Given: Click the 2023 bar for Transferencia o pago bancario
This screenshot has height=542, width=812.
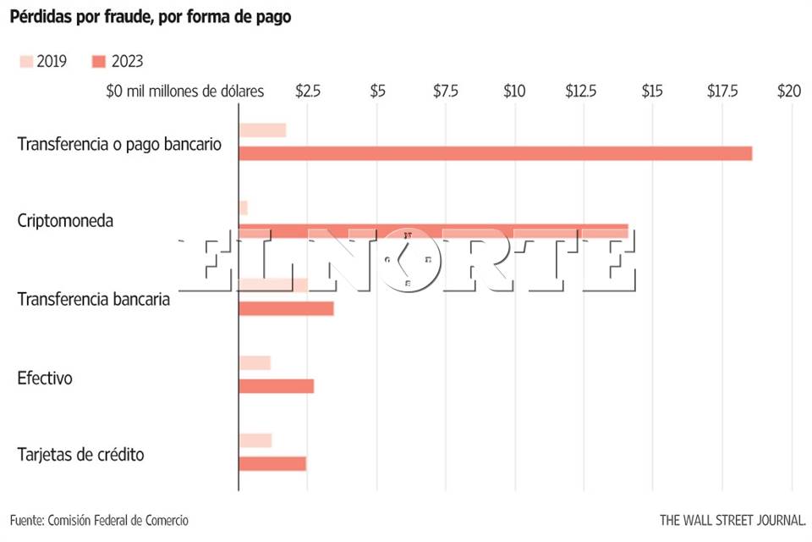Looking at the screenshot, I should click(x=495, y=153).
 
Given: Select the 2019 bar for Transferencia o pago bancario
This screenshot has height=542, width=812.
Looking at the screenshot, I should click(x=262, y=130).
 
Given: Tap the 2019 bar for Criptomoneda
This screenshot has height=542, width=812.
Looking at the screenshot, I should click(x=244, y=207).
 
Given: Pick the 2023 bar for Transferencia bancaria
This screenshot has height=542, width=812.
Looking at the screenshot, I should click(x=286, y=308).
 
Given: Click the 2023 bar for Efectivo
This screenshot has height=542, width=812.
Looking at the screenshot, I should click(x=277, y=386).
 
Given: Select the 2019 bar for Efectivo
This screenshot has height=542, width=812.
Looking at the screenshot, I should click(x=255, y=362).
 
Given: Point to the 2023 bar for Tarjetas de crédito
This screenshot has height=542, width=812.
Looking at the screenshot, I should click(x=272, y=464).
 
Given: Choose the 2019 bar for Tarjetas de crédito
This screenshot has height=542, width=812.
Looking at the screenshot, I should click(x=255, y=440).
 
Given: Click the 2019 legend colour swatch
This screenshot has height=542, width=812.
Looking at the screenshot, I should click(x=25, y=61).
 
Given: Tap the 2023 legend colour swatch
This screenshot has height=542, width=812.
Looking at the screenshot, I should click(x=99, y=61).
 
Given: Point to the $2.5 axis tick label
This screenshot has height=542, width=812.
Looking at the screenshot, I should click(x=308, y=91).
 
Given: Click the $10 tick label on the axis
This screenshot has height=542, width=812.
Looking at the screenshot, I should click(x=514, y=91).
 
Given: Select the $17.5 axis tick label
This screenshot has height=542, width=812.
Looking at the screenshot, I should click(x=721, y=91).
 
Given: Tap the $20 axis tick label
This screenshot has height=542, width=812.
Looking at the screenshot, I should click(x=789, y=91).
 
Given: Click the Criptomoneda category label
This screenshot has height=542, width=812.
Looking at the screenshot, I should click(x=65, y=221).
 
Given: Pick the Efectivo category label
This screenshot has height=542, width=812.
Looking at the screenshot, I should click(x=45, y=378).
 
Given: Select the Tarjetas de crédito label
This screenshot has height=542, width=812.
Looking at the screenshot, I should click(x=80, y=455).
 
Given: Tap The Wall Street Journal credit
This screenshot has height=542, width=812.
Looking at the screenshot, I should click(x=732, y=520).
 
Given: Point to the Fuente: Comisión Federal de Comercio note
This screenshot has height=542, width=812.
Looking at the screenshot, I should click(x=99, y=520).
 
